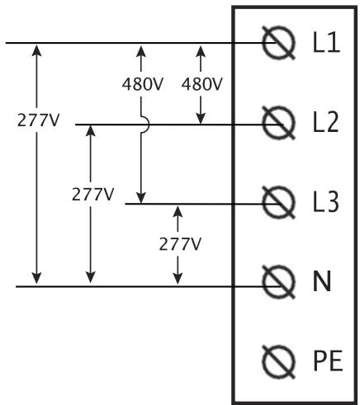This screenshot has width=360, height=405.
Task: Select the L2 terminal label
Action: click(327, 124)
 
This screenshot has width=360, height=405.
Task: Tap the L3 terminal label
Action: click(327, 202)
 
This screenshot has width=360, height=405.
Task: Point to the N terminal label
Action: click(322, 282)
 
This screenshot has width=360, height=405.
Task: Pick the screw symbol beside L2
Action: click(278, 125)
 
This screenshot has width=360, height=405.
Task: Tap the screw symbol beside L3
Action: click(278, 203)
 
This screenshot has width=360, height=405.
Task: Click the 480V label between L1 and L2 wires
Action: click(201, 83)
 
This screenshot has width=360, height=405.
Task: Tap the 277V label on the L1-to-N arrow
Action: click(38, 120)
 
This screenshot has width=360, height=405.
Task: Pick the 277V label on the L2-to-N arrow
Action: click(92, 195)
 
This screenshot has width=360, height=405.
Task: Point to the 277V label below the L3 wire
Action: click(179, 244)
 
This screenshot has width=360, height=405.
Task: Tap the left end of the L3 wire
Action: click(126, 203)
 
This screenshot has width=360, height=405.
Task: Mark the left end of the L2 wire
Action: click(76, 125)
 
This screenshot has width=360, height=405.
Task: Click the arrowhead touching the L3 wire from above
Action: click(142, 198)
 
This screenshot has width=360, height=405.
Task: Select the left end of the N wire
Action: click(17, 285)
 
